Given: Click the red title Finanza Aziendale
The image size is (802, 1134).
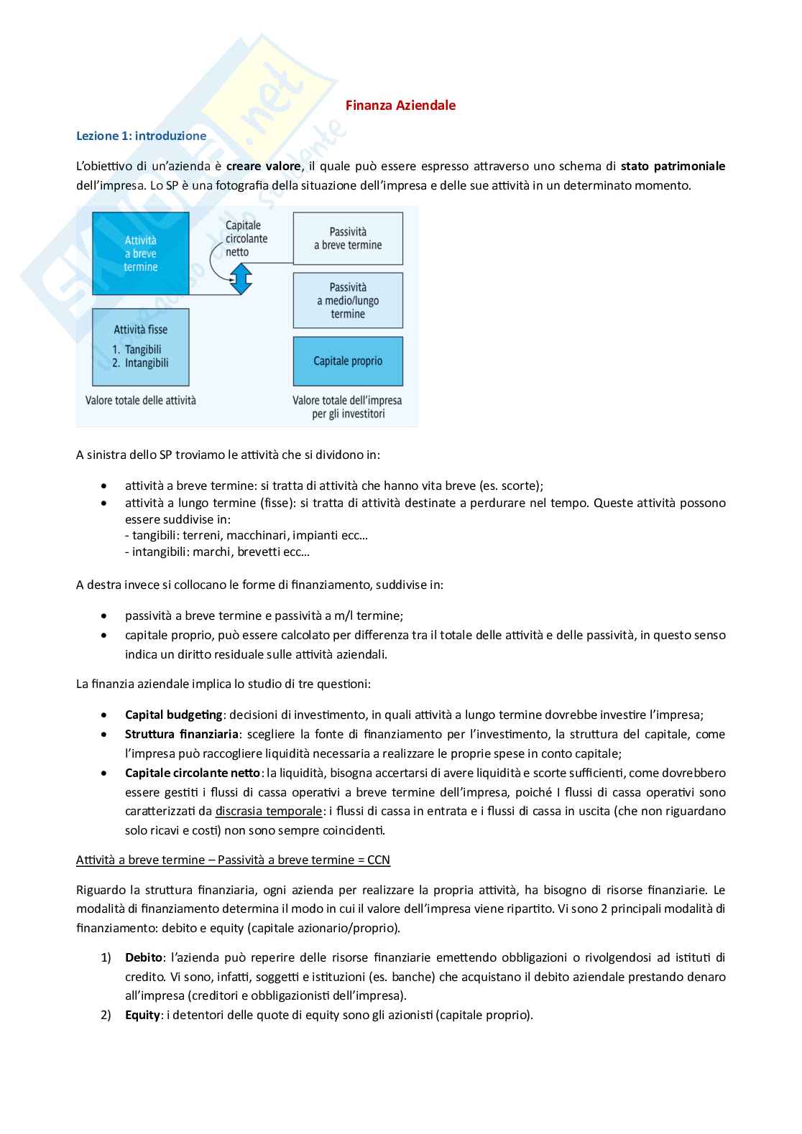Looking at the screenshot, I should point(400,106).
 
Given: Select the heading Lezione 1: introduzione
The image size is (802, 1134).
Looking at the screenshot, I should point(141,136).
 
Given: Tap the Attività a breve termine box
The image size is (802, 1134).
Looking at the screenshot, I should point(141,254).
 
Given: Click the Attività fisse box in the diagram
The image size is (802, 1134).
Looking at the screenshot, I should point(141,347).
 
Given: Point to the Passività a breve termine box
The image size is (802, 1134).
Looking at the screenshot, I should point(348,238).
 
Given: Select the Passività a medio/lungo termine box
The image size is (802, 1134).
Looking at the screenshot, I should point(348,300).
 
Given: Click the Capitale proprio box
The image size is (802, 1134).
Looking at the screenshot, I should point(348,361).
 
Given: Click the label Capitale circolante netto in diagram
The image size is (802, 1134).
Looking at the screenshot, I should point(246,238).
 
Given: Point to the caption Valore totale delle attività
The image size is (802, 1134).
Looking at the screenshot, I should point(141,401).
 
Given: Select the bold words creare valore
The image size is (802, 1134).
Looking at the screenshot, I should point(263,167).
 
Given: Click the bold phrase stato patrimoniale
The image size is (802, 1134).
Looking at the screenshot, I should point(673,167).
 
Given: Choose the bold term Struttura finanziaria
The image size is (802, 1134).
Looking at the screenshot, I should point(181,735).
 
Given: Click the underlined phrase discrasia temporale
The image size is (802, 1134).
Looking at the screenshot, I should point(269,812).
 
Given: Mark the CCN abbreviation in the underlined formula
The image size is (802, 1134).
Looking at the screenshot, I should point(378,860).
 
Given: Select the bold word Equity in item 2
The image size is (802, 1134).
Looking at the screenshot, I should point(142,1016).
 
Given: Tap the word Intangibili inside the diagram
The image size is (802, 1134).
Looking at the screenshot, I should point(147,363).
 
